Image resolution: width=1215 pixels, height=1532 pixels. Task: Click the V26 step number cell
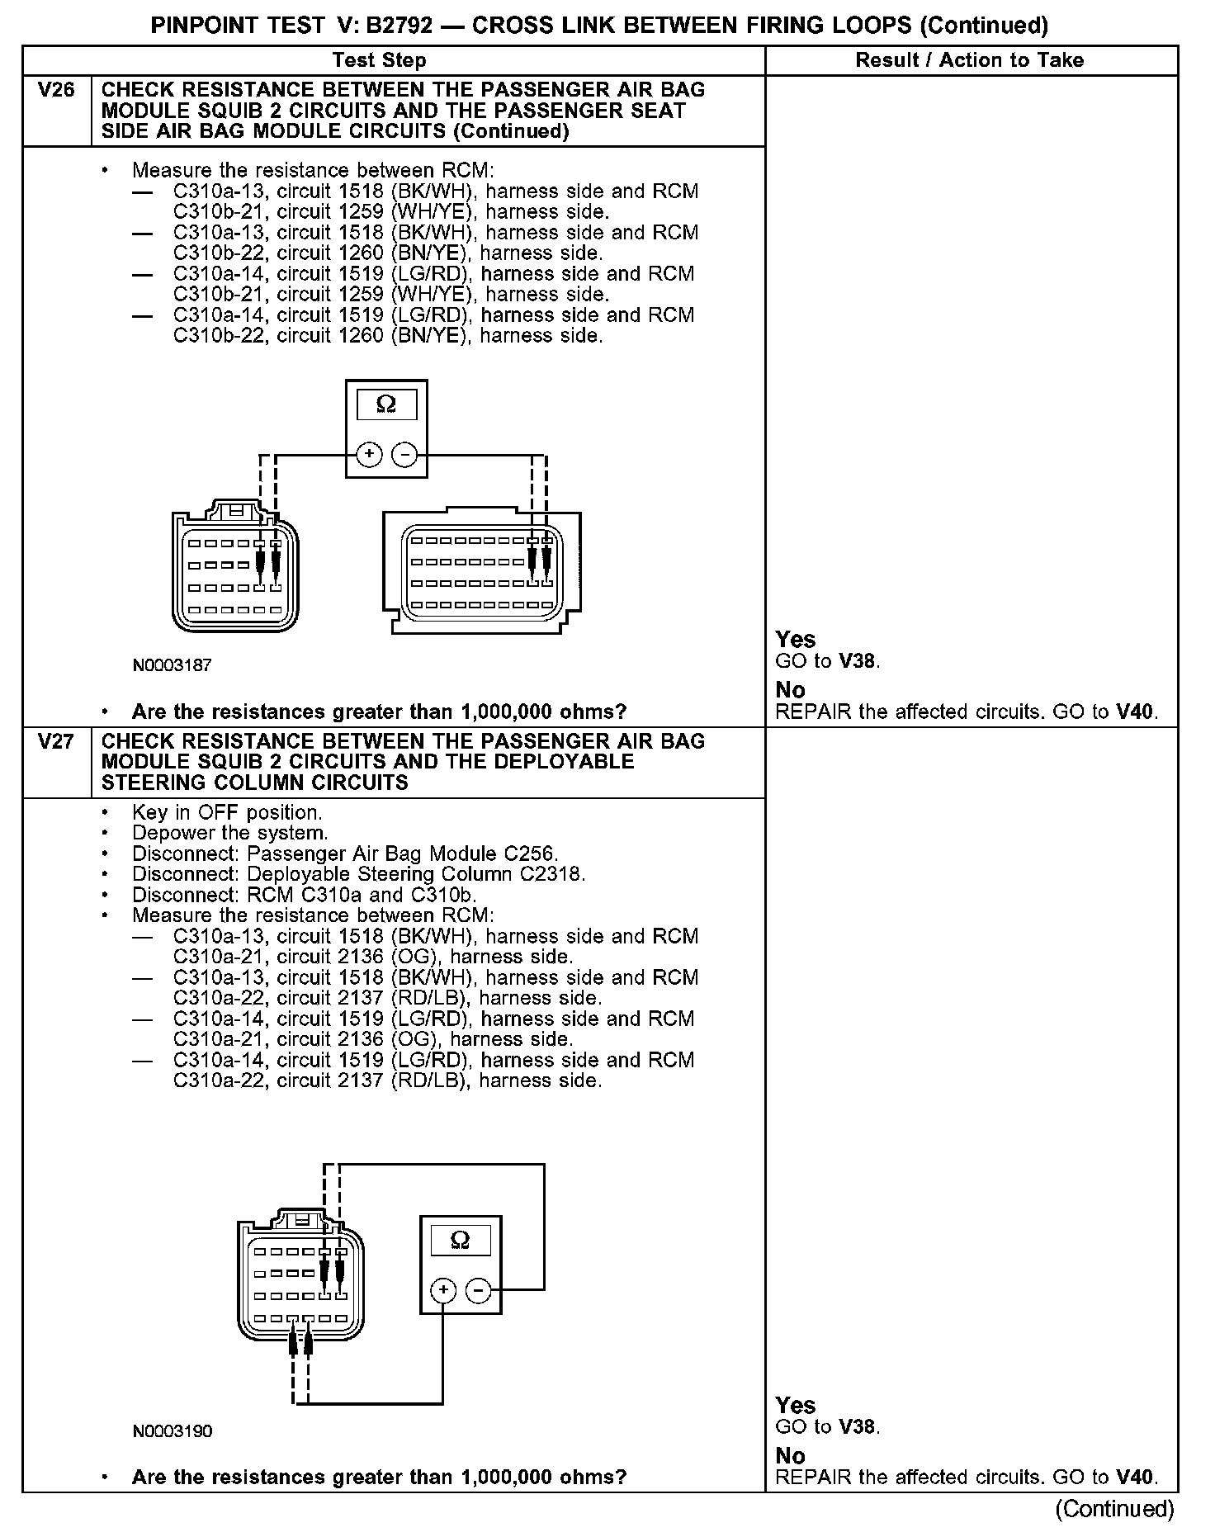[56, 90]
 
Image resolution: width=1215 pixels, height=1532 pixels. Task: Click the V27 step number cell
[56, 741]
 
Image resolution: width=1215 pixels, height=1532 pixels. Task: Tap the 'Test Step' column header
[379, 60]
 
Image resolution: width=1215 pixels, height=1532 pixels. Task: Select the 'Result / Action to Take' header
[970, 60]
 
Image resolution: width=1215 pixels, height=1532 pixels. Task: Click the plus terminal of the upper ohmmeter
[369, 454]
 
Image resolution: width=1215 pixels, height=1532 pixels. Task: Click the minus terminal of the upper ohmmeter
[404, 454]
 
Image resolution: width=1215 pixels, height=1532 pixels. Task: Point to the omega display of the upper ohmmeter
[386, 404]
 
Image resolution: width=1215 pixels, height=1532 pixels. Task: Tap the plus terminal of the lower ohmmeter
[443, 1290]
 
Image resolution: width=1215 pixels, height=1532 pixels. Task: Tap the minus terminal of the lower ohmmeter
[479, 1290]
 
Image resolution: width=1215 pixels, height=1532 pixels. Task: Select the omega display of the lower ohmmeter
[461, 1240]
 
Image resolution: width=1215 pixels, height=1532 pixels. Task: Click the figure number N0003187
[172, 665]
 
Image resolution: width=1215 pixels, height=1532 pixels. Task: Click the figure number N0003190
[172, 1431]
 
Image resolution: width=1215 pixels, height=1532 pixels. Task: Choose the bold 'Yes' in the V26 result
[796, 640]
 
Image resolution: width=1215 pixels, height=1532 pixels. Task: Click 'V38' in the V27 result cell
[858, 1427]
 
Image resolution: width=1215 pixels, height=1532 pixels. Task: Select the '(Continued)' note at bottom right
[1114, 1509]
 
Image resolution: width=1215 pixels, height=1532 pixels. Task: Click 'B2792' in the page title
[399, 26]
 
